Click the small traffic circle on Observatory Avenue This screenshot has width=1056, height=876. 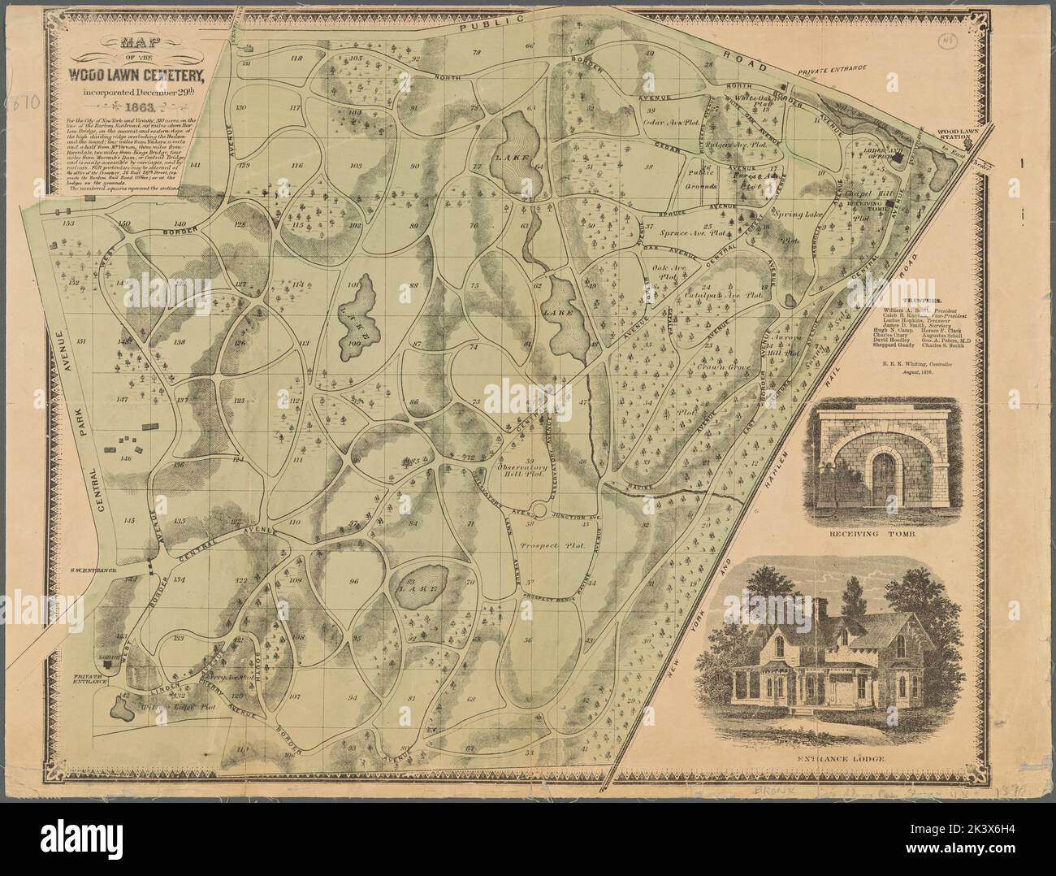click(539, 510)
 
